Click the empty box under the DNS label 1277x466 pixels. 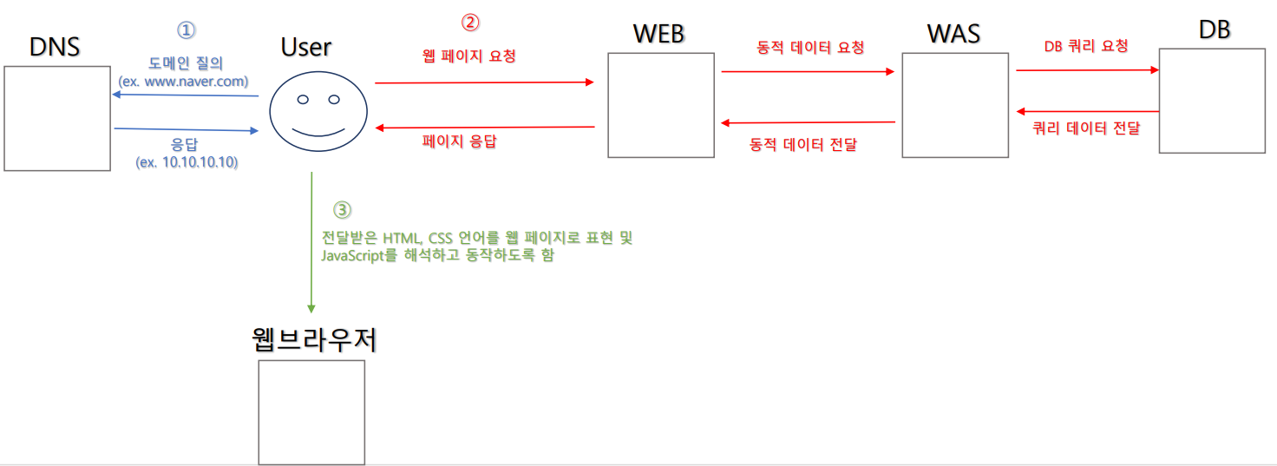57,118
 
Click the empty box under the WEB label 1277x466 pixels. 661,105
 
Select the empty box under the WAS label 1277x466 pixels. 955,105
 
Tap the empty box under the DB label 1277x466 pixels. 1212,101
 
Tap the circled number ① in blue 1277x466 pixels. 187,30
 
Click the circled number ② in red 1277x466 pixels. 469,22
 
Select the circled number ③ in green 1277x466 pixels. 343,210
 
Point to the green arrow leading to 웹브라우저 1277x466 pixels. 311,243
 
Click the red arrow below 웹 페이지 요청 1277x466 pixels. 484,82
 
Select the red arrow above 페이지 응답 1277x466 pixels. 484,128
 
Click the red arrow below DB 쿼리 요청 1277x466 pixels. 1088,70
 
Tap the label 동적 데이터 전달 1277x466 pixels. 803,145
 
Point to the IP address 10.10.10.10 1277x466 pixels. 200,162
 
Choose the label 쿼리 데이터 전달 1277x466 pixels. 1086,128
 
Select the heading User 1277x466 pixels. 306,47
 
